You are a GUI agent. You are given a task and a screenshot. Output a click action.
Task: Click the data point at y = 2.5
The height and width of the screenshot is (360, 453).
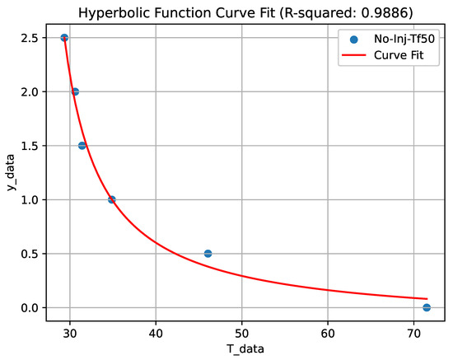[64, 38]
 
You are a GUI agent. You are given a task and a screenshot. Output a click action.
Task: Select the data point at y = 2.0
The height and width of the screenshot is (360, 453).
[75, 91]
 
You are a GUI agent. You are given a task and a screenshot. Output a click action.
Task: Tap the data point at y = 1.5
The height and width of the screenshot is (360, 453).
[82, 146]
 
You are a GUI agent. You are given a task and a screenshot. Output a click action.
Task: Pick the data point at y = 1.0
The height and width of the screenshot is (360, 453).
[112, 199]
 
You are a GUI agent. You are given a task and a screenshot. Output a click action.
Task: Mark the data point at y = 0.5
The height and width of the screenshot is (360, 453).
[208, 254]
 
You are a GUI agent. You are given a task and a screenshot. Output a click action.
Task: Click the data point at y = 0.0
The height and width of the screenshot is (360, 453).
[427, 307]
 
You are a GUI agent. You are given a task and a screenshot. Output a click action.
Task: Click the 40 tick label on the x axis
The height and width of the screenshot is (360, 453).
[155, 333]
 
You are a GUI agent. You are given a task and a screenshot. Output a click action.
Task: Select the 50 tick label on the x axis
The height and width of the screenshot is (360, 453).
[241, 333]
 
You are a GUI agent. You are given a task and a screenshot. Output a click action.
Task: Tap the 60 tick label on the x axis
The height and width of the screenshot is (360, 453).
[328, 333]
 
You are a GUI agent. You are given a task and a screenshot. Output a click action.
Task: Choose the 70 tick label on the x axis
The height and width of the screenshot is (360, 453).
[413, 333]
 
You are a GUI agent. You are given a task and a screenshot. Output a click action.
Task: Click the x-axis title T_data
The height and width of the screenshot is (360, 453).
[245, 349]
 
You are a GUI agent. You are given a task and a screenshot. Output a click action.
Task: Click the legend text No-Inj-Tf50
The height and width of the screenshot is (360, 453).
[404, 38]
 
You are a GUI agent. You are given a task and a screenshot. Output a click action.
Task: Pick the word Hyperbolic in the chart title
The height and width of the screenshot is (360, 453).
[138, 10]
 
